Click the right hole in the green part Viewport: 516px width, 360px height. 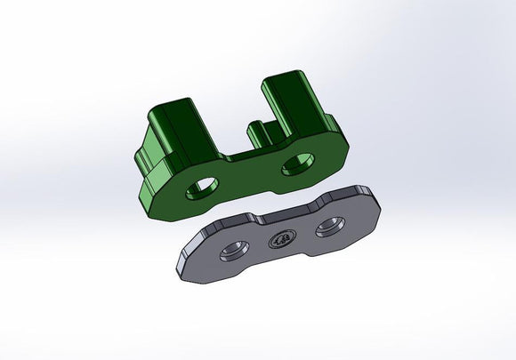296,165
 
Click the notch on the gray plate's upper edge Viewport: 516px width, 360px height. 260,217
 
